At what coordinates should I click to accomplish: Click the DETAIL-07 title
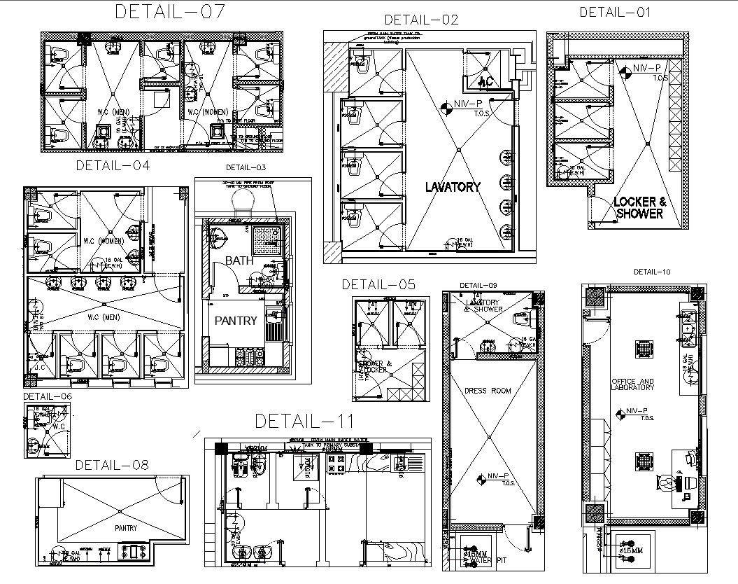tap(170, 12)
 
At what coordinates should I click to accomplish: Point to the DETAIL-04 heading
tap(113, 166)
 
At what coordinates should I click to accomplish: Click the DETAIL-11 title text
tap(304, 421)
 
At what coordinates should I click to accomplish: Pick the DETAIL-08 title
tap(112, 464)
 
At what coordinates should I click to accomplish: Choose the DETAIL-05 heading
tap(378, 284)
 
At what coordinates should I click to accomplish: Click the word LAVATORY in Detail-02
tap(453, 187)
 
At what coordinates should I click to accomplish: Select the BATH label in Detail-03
tap(239, 260)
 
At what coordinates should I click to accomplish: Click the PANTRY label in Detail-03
tap(236, 321)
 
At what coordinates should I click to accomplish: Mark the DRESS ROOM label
tap(488, 390)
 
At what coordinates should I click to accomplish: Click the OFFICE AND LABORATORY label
tap(632, 384)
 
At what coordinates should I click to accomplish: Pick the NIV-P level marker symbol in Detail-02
tap(446, 108)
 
